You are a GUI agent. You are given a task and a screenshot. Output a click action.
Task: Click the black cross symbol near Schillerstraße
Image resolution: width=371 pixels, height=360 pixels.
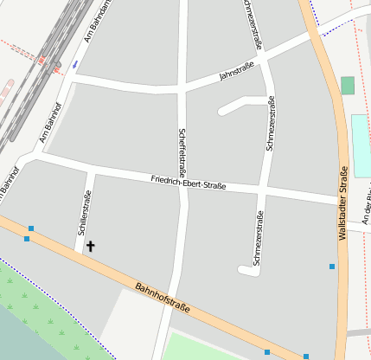click(91, 247)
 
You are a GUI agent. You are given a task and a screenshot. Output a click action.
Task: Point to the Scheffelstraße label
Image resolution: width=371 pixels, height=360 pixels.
click(182, 148)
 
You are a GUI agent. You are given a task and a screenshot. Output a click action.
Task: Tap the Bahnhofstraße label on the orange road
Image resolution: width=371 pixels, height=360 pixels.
click(163, 297)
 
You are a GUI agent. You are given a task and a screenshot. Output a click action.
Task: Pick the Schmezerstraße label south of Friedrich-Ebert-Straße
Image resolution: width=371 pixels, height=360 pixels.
click(258, 237)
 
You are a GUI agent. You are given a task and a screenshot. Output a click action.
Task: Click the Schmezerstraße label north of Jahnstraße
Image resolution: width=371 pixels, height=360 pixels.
click(253, 24)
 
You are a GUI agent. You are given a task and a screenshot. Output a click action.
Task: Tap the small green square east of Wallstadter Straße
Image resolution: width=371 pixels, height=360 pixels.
click(348, 85)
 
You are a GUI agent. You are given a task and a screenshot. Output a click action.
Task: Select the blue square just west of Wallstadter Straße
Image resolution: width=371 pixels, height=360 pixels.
click(332, 267)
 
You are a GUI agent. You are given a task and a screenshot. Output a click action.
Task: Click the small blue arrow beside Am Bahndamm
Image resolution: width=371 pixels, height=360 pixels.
click(75, 63)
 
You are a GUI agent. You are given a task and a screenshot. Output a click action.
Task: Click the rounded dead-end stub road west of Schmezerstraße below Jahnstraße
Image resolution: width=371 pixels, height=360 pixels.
click(224, 111)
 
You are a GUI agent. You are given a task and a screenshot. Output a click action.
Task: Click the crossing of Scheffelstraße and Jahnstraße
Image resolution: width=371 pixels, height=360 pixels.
click(182, 88)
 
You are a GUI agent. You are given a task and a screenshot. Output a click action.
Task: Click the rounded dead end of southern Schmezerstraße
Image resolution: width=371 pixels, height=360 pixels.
click(244, 271)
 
